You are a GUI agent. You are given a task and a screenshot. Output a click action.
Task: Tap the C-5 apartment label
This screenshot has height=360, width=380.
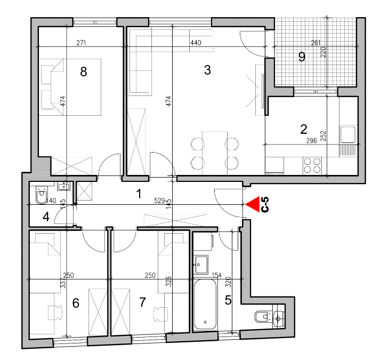265,204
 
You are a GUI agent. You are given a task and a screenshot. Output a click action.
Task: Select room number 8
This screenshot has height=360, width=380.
83,72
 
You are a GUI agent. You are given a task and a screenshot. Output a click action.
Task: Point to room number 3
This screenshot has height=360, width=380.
207,70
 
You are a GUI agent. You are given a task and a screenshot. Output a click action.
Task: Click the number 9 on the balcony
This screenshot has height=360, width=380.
302,57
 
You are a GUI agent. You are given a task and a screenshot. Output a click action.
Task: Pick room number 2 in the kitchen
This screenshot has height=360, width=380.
303,129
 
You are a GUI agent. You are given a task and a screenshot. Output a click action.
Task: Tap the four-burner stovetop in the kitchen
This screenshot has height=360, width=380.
312,165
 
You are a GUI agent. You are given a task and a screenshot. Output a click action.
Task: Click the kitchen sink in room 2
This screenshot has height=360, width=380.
348,134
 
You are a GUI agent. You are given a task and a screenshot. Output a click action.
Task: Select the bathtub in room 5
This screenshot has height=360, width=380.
205,305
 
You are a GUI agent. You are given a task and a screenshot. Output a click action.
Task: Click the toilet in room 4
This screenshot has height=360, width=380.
42,195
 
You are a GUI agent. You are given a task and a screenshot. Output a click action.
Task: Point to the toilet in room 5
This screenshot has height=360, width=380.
263,317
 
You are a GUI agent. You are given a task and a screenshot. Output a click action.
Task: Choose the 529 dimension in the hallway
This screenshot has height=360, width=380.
159,201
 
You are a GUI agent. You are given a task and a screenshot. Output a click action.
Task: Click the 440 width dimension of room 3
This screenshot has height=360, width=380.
196,43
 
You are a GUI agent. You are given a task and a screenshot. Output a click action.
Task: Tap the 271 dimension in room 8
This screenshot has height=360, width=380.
81,43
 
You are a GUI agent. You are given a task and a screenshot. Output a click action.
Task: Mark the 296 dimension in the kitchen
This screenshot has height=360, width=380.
311,141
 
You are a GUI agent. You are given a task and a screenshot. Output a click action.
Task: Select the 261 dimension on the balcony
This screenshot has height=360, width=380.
316,43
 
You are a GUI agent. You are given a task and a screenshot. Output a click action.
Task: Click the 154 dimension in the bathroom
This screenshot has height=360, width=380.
217,275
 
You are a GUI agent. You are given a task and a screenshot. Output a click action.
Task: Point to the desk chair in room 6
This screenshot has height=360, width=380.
55,313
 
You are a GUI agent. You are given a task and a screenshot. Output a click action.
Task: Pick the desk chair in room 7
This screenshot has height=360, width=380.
160,314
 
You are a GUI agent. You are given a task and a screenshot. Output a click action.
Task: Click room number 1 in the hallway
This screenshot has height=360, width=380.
139,194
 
